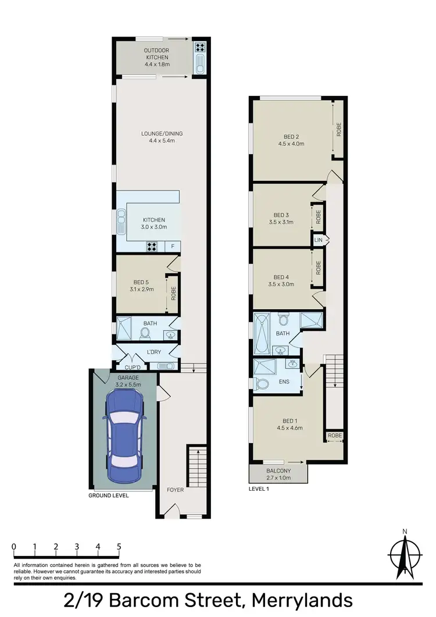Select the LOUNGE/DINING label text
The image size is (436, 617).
(162, 134)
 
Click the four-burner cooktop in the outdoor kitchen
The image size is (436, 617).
(199, 48)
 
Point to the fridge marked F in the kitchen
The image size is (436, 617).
(173, 247)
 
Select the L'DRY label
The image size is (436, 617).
(153, 352)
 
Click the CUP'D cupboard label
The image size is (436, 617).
(133, 368)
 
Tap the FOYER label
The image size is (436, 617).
(175, 490)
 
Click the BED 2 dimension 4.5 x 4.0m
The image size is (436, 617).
(291, 144)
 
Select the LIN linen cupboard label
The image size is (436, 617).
(318, 240)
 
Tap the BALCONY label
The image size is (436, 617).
(278, 471)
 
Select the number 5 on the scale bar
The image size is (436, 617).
(119, 547)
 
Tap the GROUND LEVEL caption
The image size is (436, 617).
(108, 495)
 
